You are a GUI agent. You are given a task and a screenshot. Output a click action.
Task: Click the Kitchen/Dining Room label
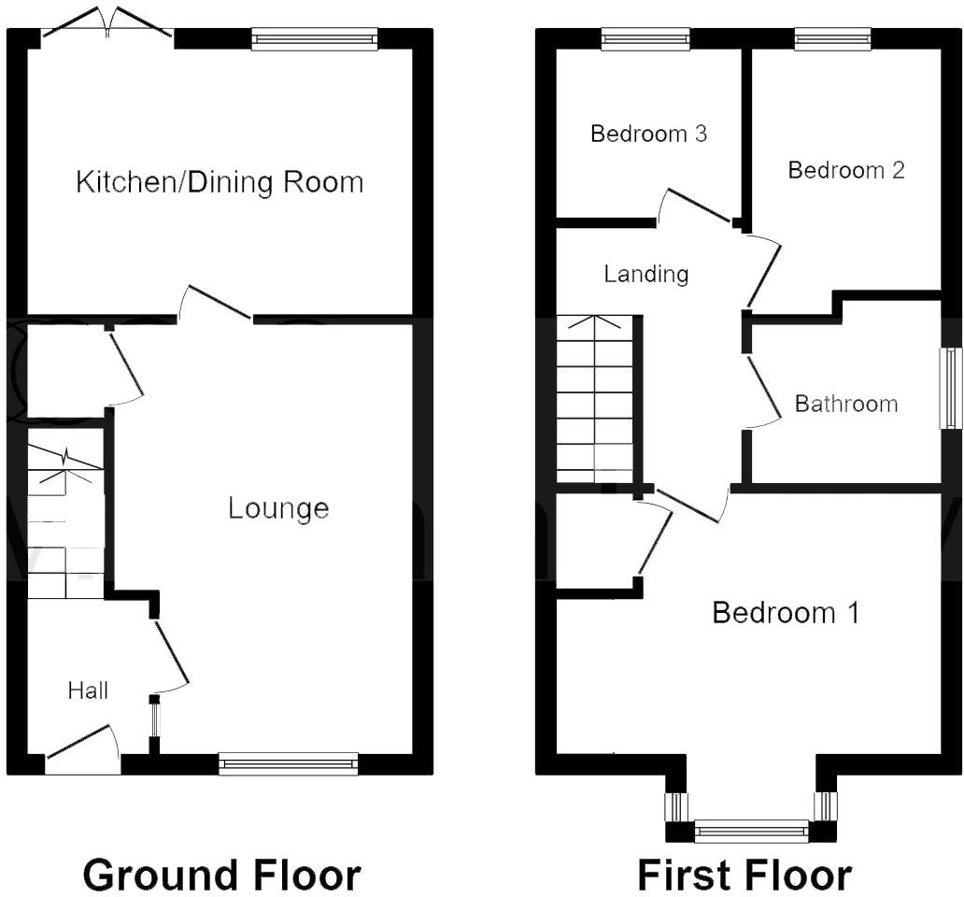click(220, 181)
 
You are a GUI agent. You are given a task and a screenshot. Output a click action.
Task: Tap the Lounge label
click(278, 508)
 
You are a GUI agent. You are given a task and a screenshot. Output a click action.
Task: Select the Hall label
click(88, 691)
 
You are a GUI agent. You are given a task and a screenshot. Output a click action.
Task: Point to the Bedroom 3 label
click(648, 134)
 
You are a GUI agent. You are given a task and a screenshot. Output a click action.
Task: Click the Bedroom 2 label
click(846, 170)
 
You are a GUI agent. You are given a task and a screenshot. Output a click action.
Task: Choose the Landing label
click(645, 274)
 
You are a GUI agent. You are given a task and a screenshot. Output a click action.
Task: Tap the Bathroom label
click(845, 404)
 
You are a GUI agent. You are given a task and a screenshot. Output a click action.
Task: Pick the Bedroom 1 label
click(786, 613)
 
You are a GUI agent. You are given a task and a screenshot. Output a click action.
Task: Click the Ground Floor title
click(221, 876)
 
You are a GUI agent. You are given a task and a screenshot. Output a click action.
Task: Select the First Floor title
click(744, 876)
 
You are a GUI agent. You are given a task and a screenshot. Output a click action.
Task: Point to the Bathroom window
click(951, 389)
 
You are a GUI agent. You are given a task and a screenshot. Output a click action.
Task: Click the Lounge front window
click(289, 764)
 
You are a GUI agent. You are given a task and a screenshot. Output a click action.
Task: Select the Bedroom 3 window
click(645, 38)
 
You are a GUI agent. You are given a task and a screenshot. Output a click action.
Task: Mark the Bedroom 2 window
click(832, 38)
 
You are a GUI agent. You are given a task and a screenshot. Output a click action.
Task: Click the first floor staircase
click(594, 397)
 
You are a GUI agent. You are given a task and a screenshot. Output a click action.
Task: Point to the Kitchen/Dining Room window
click(315, 38)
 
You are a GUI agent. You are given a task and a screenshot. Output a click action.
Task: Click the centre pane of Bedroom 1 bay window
click(752, 831)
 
